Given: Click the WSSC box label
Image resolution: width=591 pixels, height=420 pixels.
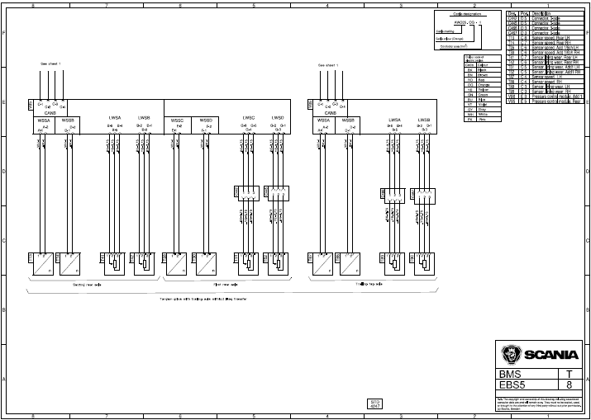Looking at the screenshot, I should coord(177,120).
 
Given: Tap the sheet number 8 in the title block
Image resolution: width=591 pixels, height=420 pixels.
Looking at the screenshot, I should coord(569,385).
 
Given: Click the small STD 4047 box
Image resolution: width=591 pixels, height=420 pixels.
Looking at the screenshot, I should coord(374,403).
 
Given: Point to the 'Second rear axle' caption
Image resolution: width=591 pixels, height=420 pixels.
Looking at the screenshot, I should coord(87,285).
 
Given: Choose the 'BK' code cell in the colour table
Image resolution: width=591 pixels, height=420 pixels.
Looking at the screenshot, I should coord(470,69).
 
